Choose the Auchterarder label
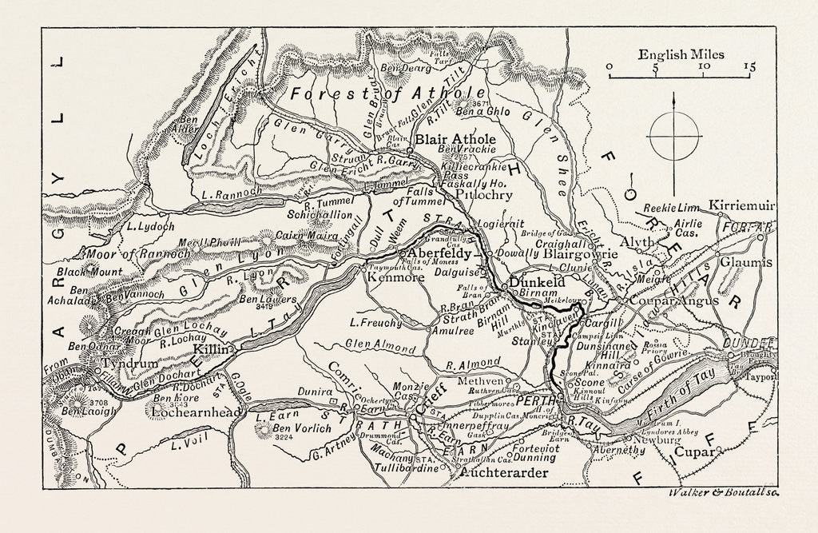505,473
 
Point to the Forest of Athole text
375,93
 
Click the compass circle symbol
675,133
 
